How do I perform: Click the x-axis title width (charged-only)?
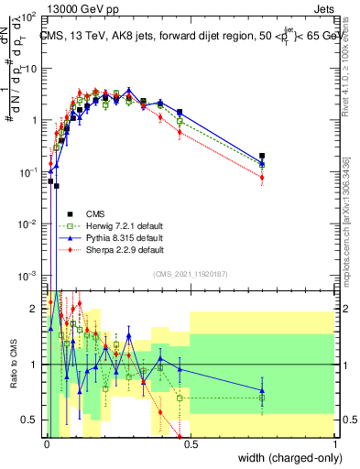pos(286,459)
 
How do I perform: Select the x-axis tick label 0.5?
pos(190,443)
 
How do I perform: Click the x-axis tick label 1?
pos(335,443)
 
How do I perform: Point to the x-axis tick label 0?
pos(45,443)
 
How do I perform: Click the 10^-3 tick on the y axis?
pos(27,276)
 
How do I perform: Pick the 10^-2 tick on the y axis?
pos(27,224)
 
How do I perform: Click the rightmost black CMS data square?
pos(262,157)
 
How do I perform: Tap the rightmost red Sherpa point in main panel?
pos(262,177)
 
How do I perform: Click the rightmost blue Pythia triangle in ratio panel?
pos(262,390)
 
